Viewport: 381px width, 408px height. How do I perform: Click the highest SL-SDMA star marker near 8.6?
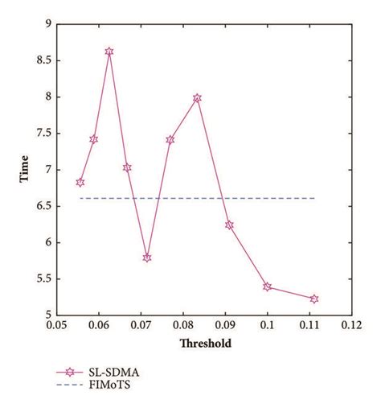pos(109,52)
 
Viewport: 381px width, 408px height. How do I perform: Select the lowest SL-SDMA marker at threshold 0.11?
pos(314,299)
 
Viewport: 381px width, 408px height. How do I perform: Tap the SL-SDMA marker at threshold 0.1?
pos(267,286)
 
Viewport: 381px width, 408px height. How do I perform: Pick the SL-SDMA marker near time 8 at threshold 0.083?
pos(197,98)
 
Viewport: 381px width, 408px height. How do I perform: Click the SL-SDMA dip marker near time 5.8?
pos(147,258)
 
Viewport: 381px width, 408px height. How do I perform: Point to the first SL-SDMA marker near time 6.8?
pos(80,183)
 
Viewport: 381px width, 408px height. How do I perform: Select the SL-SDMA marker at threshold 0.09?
pos(229,225)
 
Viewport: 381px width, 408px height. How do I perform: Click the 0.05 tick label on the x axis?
pos(55,326)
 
